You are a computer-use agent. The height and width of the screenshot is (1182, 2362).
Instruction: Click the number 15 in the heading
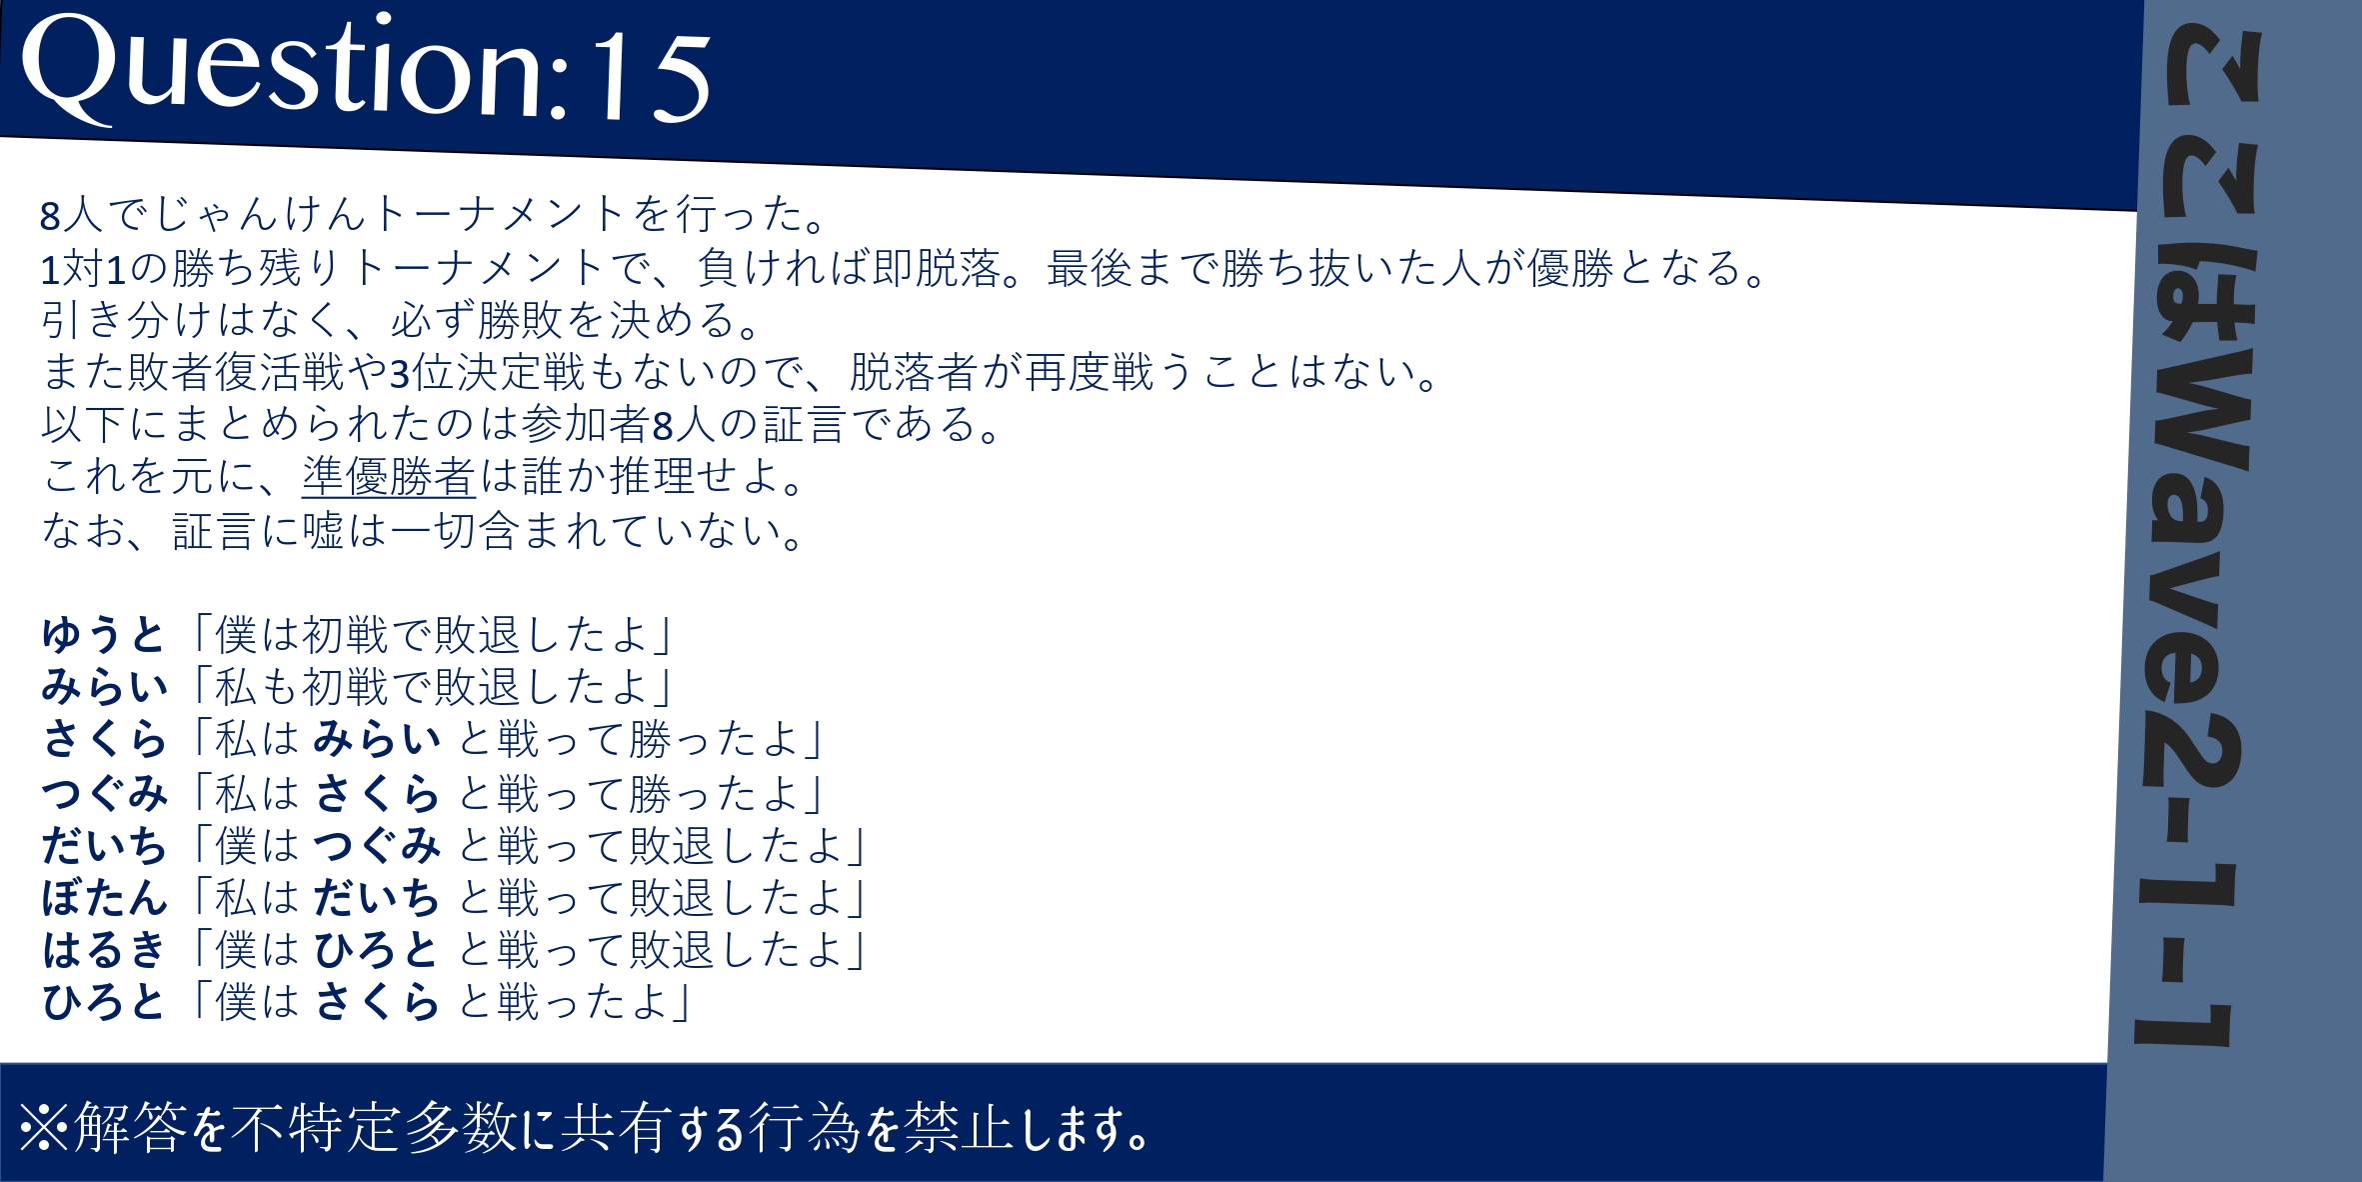(651, 76)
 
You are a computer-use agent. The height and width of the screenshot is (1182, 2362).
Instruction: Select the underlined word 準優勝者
(389, 477)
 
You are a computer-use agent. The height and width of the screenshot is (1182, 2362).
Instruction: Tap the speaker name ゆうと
(103, 635)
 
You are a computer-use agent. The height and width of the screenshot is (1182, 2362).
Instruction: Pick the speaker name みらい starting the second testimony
(104, 687)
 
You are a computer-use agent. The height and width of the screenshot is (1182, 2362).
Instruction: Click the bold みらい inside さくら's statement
(377, 740)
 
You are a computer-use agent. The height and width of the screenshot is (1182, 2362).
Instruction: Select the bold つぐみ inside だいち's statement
(377, 846)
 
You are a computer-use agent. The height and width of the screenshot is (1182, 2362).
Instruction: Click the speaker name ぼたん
(104, 898)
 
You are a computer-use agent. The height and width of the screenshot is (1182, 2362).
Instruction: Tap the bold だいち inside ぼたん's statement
(377, 898)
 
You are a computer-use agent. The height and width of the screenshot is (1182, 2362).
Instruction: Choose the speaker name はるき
(103, 950)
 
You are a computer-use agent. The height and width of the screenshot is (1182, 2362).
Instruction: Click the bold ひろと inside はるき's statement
(376, 950)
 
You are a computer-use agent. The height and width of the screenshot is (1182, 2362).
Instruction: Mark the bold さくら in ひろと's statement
(377, 1002)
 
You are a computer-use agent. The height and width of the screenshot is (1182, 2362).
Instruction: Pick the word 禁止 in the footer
(959, 1128)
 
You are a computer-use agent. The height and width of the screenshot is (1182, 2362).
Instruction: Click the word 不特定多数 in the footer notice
(373, 1128)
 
